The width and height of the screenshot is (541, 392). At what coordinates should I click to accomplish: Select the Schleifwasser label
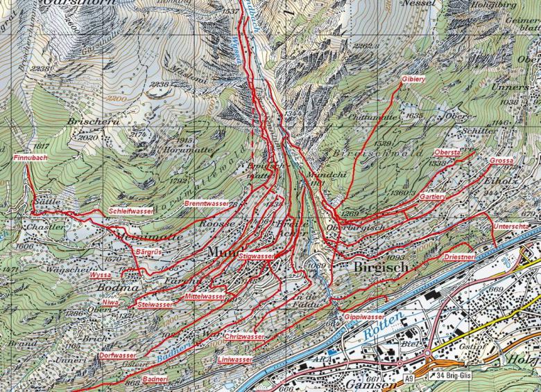coord(131,211)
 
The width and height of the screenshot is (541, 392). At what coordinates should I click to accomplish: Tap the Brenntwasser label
coord(207,204)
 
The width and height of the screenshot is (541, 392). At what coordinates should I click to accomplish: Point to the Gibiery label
coord(413,80)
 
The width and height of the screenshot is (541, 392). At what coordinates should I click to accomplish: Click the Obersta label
coord(447,152)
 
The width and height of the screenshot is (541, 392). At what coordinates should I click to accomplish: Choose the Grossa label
coord(501,161)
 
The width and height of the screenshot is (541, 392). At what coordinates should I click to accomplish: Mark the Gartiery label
coord(432,197)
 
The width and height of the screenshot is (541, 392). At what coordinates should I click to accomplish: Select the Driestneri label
coord(458,256)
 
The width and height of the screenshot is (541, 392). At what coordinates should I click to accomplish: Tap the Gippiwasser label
coord(364,317)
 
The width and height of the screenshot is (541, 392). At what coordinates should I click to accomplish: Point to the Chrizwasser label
coord(245,337)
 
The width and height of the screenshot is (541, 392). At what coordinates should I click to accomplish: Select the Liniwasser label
coord(234,361)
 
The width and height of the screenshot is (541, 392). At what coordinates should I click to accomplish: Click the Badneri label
coord(155,380)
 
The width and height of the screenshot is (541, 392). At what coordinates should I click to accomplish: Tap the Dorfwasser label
coord(117,355)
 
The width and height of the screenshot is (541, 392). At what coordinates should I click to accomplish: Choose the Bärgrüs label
coord(148,251)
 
